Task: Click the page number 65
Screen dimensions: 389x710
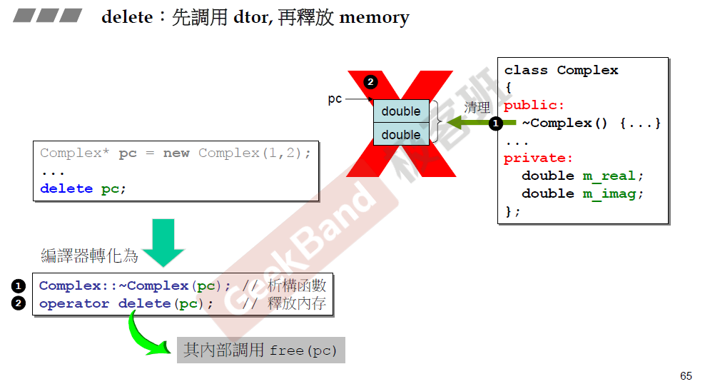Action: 686,376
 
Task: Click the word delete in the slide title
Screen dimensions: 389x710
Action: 127,17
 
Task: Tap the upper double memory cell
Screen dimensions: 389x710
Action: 401,111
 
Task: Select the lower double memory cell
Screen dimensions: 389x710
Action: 401,134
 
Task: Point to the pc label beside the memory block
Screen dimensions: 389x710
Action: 335,99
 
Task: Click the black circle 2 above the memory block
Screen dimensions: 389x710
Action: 370,81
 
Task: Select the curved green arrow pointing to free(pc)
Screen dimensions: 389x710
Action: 146,335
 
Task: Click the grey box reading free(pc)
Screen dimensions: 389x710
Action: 261,350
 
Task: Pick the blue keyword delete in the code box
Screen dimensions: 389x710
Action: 66,189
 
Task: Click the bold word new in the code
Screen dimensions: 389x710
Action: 176,153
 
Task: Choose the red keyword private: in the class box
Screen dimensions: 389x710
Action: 538,158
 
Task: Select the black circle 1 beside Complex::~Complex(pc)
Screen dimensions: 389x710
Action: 19,286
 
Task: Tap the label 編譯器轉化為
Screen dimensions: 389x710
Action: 89,256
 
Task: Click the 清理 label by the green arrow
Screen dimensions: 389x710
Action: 477,108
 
